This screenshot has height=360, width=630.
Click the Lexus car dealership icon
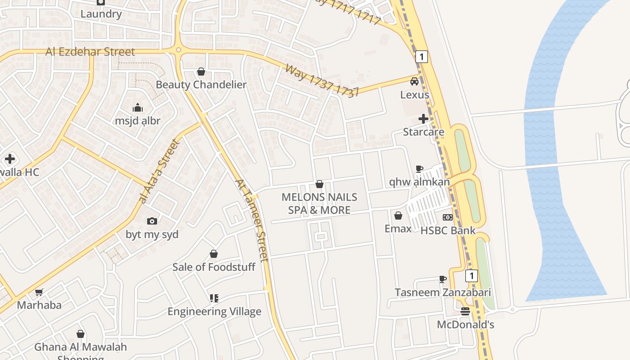(x=414, y=81)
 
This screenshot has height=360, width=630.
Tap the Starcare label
(x=423, y=132)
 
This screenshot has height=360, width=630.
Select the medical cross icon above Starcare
(x=423, y=119)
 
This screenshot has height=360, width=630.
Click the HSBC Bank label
(x=448, y=230)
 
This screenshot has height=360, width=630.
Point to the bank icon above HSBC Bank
(x=448, y=217)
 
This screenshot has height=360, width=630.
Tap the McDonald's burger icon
(x=465, y=311)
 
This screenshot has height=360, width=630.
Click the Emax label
(x=398, y=229)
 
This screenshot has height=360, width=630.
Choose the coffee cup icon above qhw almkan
(x=419, y=169)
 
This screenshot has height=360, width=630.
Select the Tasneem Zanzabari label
(x=443, y=292)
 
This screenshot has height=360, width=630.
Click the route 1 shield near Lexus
(x=421, y=57)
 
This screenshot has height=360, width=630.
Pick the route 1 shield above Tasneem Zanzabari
(x=471, y=276)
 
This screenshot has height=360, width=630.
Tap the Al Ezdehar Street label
(x=90, y=52)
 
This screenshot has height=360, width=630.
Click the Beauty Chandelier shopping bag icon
(x=201, y=72)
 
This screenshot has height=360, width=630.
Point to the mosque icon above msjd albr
(x=138, y=108)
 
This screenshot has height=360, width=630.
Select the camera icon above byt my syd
(x=152, y=221)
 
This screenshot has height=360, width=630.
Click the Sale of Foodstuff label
(x=214, y=267)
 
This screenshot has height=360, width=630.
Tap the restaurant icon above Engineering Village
(x=214, y=298)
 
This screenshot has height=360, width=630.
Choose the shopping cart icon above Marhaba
(x=39, y=292)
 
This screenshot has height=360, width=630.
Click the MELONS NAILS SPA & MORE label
(x=319, y=203)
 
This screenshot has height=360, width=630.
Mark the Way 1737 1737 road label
(x=322, y=81)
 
